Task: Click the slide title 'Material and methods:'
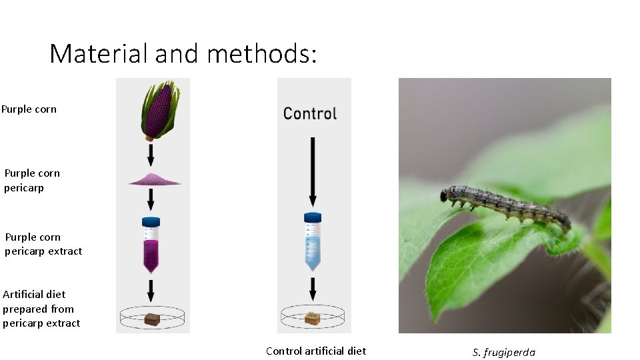coord(183,53)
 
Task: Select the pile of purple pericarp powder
coord(151,179)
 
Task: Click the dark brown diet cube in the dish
coord(152,319)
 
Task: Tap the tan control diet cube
coord(313,318)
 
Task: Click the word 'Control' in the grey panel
coord(310,113)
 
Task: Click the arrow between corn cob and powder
coord(151,155)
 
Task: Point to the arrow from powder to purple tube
coord(151,199)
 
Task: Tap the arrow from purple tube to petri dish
coord(151,290)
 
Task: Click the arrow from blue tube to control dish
coord(313,289)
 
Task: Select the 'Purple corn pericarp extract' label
coord(43,244)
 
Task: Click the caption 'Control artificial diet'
coord(316,351)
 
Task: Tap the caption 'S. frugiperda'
coord(504,353)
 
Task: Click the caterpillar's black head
coord(444,195)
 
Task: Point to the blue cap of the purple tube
coord(151,221)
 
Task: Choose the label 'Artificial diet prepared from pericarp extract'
coord(41,309)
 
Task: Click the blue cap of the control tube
coord(313,217)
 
